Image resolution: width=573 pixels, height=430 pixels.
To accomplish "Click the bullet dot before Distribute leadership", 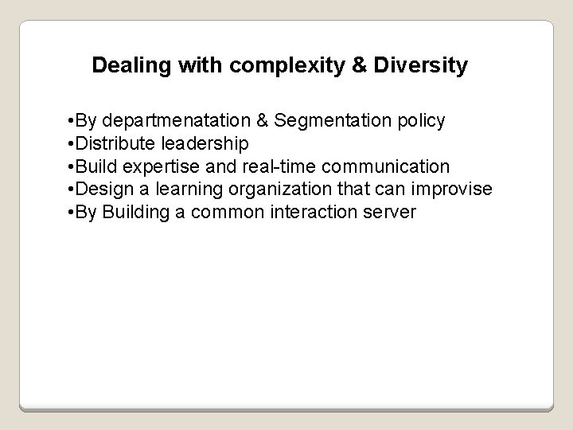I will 72,144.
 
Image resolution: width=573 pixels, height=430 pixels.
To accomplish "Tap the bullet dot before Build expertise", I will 72,167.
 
